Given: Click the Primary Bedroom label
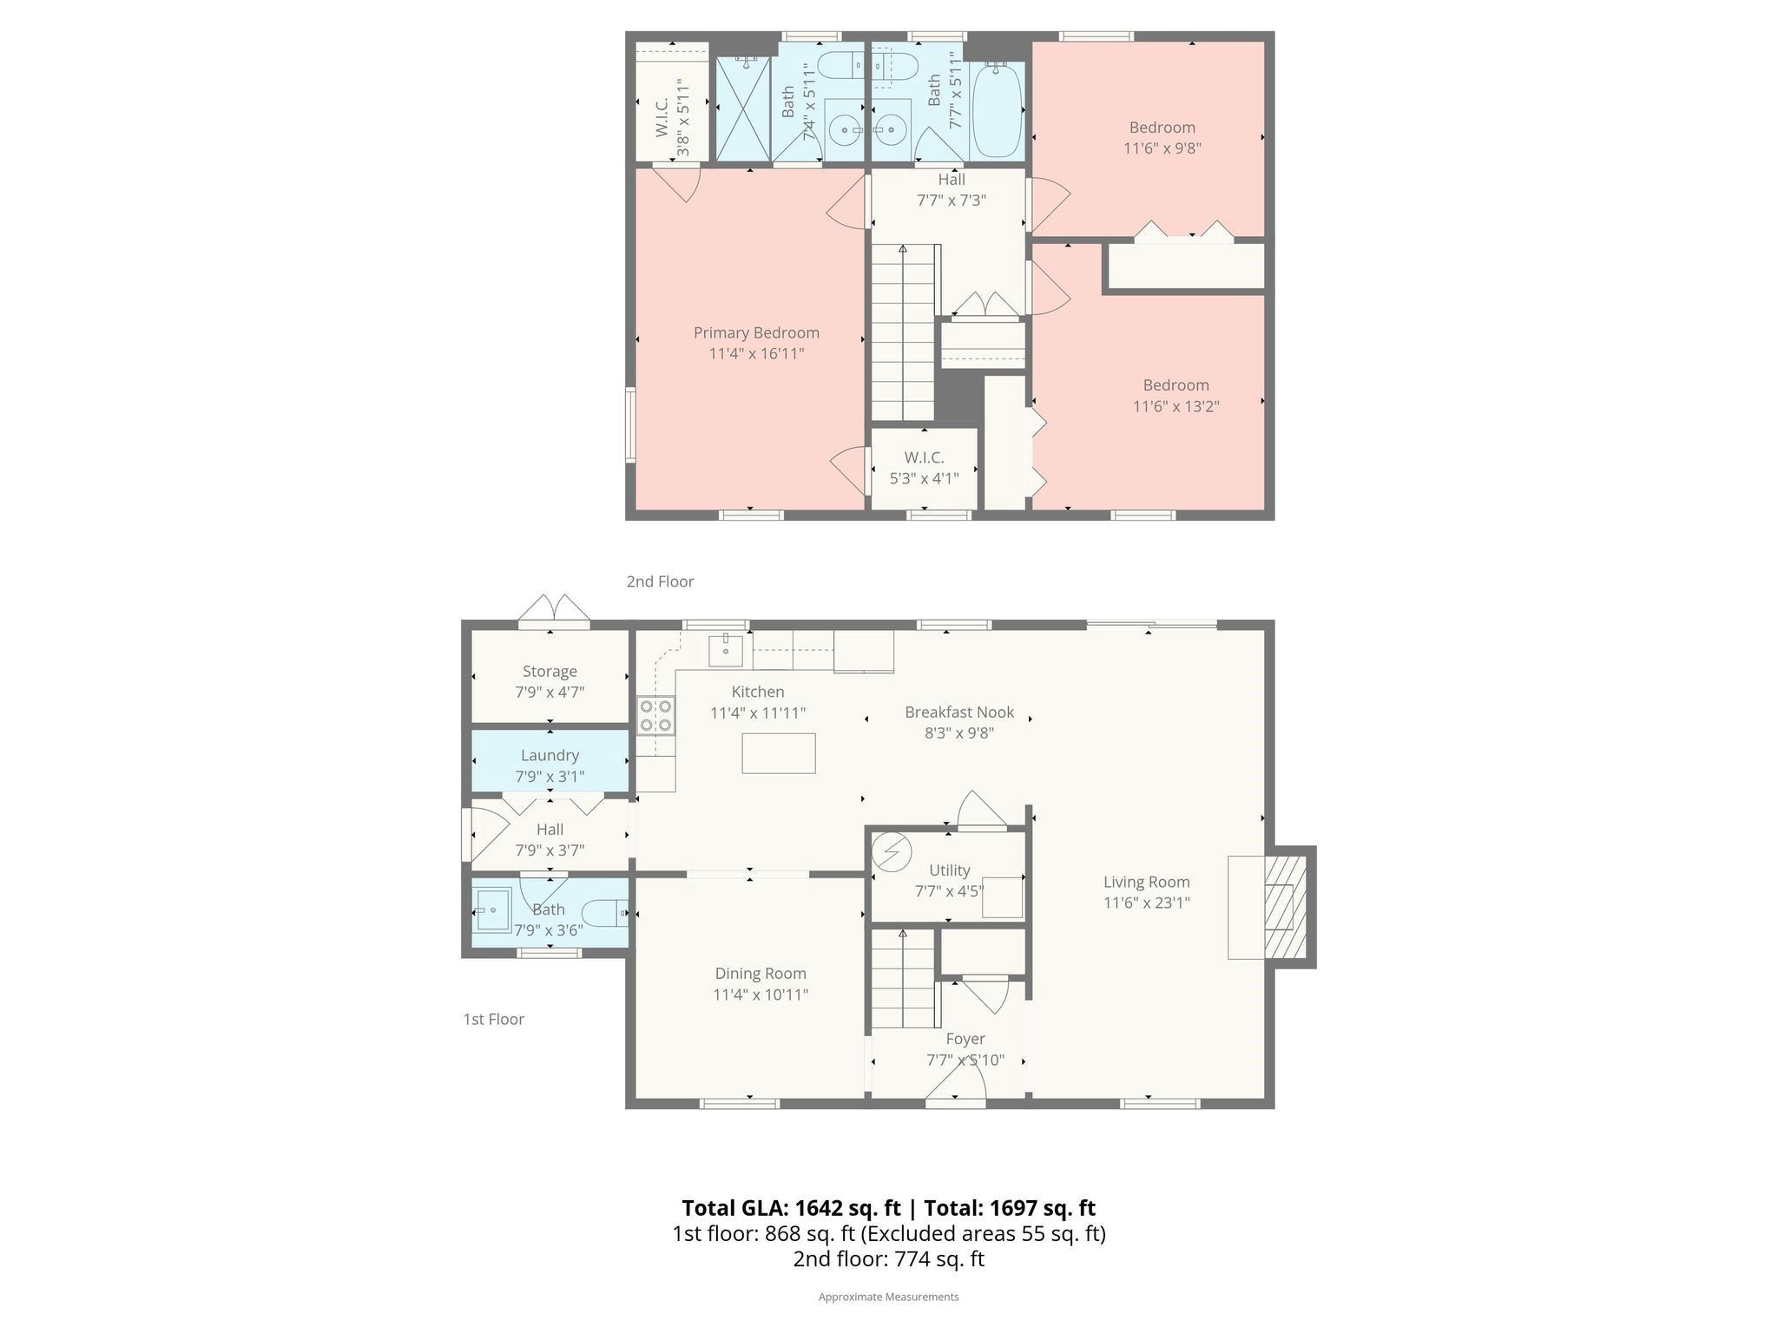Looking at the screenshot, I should coord(756,333).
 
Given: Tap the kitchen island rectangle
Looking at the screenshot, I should coord(778,753).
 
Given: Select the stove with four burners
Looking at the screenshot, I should coord(655,716).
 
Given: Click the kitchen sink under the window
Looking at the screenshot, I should coord(726,649).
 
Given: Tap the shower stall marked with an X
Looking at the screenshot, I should coord(742,109).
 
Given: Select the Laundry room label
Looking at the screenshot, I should coord(550,756).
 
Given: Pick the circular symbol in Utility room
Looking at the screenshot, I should coord(891,852).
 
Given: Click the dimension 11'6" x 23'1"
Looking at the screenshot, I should coord(1146,903).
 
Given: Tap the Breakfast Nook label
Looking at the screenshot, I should coord(958,712).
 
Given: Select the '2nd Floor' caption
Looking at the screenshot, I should coord(660,581).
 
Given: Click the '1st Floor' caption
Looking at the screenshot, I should coord(493,1019).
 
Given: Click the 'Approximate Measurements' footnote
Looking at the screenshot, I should coord(888,1297).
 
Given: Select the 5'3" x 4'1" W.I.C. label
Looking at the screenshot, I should coord(924,478).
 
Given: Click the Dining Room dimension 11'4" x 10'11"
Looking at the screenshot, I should coord(761,995).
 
